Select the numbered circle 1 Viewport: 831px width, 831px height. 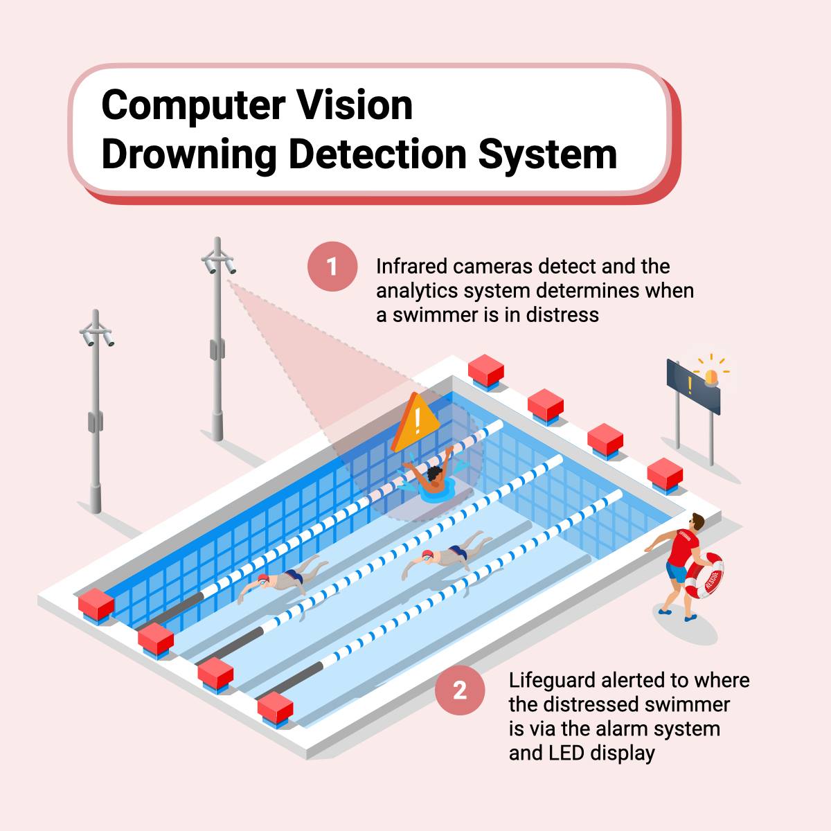click(332, 266)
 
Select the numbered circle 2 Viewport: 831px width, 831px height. click(460, 690)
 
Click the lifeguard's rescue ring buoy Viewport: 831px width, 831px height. click(707, 575)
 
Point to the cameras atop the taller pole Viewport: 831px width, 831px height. click(218, 262)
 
